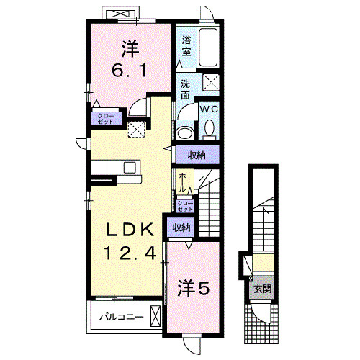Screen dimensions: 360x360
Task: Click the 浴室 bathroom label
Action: (186, 45)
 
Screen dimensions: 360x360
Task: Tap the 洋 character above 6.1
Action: (130, 50)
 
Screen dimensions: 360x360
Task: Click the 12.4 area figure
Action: (130, 253)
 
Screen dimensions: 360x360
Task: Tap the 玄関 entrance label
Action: (261, 289)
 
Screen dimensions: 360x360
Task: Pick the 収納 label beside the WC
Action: (197, 156)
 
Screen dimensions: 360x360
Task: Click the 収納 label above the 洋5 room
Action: (181, 228)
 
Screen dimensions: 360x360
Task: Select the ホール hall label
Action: (183, 181)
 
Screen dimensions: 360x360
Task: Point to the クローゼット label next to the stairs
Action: (185, 206)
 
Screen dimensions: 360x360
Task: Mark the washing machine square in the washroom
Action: (211, 82)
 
